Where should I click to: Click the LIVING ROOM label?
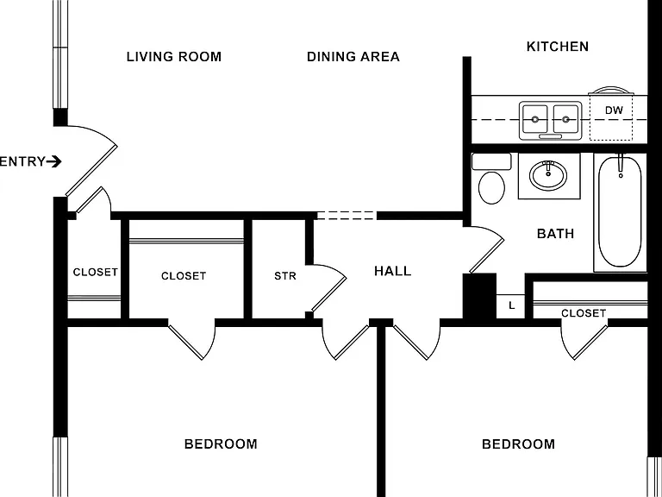pyautogui.click(x=174, y=57)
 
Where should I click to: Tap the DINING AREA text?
pyautogui.click(x=353, y=57)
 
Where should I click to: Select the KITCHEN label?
pyautogui.click(x=558, y=46)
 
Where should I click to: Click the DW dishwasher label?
pyautogui.click(x=614, y=110)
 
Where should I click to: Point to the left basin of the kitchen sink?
pyautogui.click(x=535, y=119)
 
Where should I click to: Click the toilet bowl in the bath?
pyautogui.click(x=492, y=187)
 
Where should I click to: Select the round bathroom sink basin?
pyautogui.click(x=548, y=176)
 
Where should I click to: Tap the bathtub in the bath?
pyautogui.click(x=620, y=212)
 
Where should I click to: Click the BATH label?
pyautogui.click(x=555, y=233)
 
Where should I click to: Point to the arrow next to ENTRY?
pyautogui.click(x=54, y=161)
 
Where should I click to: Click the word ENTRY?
pyautogui.click(x=22, y=161)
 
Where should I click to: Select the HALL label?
pyautogui.click(x=393, y=271)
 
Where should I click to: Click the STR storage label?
pyautogui.click(x=285, y=276)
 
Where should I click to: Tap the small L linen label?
pyautogui.click(x=512, y=305)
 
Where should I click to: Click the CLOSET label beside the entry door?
pyautogui.click(x=96, y=272)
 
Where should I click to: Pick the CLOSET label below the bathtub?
pyautogui.click(x=584, y=313)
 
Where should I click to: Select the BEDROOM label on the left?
pyautogui.click(x=221, y=444)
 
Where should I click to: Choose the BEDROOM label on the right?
pyautogui.click(x=518, y=444)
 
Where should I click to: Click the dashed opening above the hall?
pyautogui.click(x=347, y=216)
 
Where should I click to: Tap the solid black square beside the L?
pyautogui.click(x=479, y=296)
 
